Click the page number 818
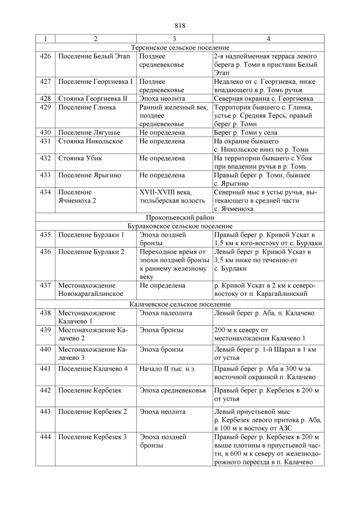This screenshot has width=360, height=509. click(x=180, y=26)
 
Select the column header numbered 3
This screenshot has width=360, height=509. click(x=174, y=39)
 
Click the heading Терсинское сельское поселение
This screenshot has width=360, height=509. click(x=180, y=48)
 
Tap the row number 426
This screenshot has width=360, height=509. click(x=46, y=57)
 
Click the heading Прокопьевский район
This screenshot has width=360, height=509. click(x=180, y=217)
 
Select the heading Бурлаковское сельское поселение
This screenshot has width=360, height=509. click(x=180, y=225)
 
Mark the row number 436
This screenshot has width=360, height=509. click(x=46, y=251)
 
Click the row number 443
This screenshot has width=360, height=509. click(x=46, y=412)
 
